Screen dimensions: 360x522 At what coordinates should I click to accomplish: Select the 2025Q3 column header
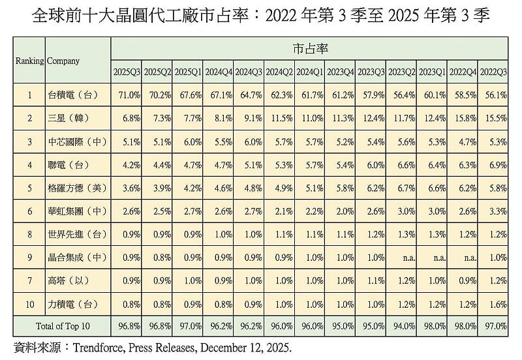[126, 71]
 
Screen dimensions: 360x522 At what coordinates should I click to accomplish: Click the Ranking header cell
[29, 61]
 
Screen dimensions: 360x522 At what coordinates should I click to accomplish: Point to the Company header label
[63, 61]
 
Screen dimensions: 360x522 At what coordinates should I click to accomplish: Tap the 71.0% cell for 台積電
[127, 95]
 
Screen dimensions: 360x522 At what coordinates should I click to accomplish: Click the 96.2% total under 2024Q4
[218, 324]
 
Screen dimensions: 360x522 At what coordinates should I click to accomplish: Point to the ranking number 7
[29, 280]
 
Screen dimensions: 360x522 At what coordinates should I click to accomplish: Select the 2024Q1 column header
[309, 71]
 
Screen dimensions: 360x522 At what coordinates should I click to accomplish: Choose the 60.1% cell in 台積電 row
[431, 95]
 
